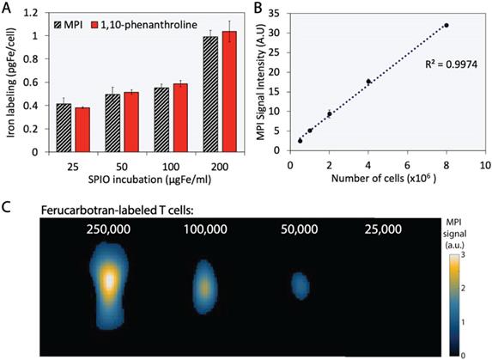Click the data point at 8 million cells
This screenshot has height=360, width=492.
[446, 26]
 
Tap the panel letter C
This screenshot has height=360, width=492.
[7, 209]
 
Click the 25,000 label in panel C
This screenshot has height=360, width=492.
[382, 229]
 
